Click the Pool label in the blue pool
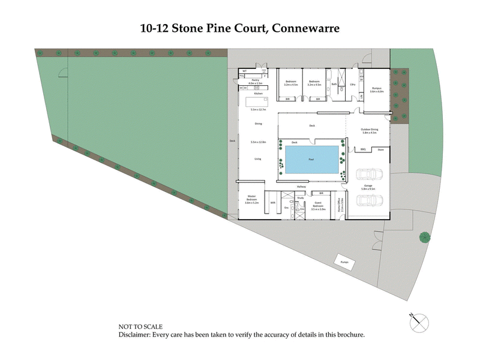pos(311,160)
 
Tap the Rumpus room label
pos(376,88)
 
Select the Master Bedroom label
pos(251,199)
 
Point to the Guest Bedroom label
pos(318,206)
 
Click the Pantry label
pos(255,79)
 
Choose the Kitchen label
pos(259,94)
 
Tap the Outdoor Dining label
pos(370,130)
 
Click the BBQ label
pos(364,149)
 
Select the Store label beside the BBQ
pos(379,149)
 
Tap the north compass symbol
pos(419,322)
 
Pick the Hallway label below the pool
pos(302,187)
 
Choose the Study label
pos(301,197)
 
